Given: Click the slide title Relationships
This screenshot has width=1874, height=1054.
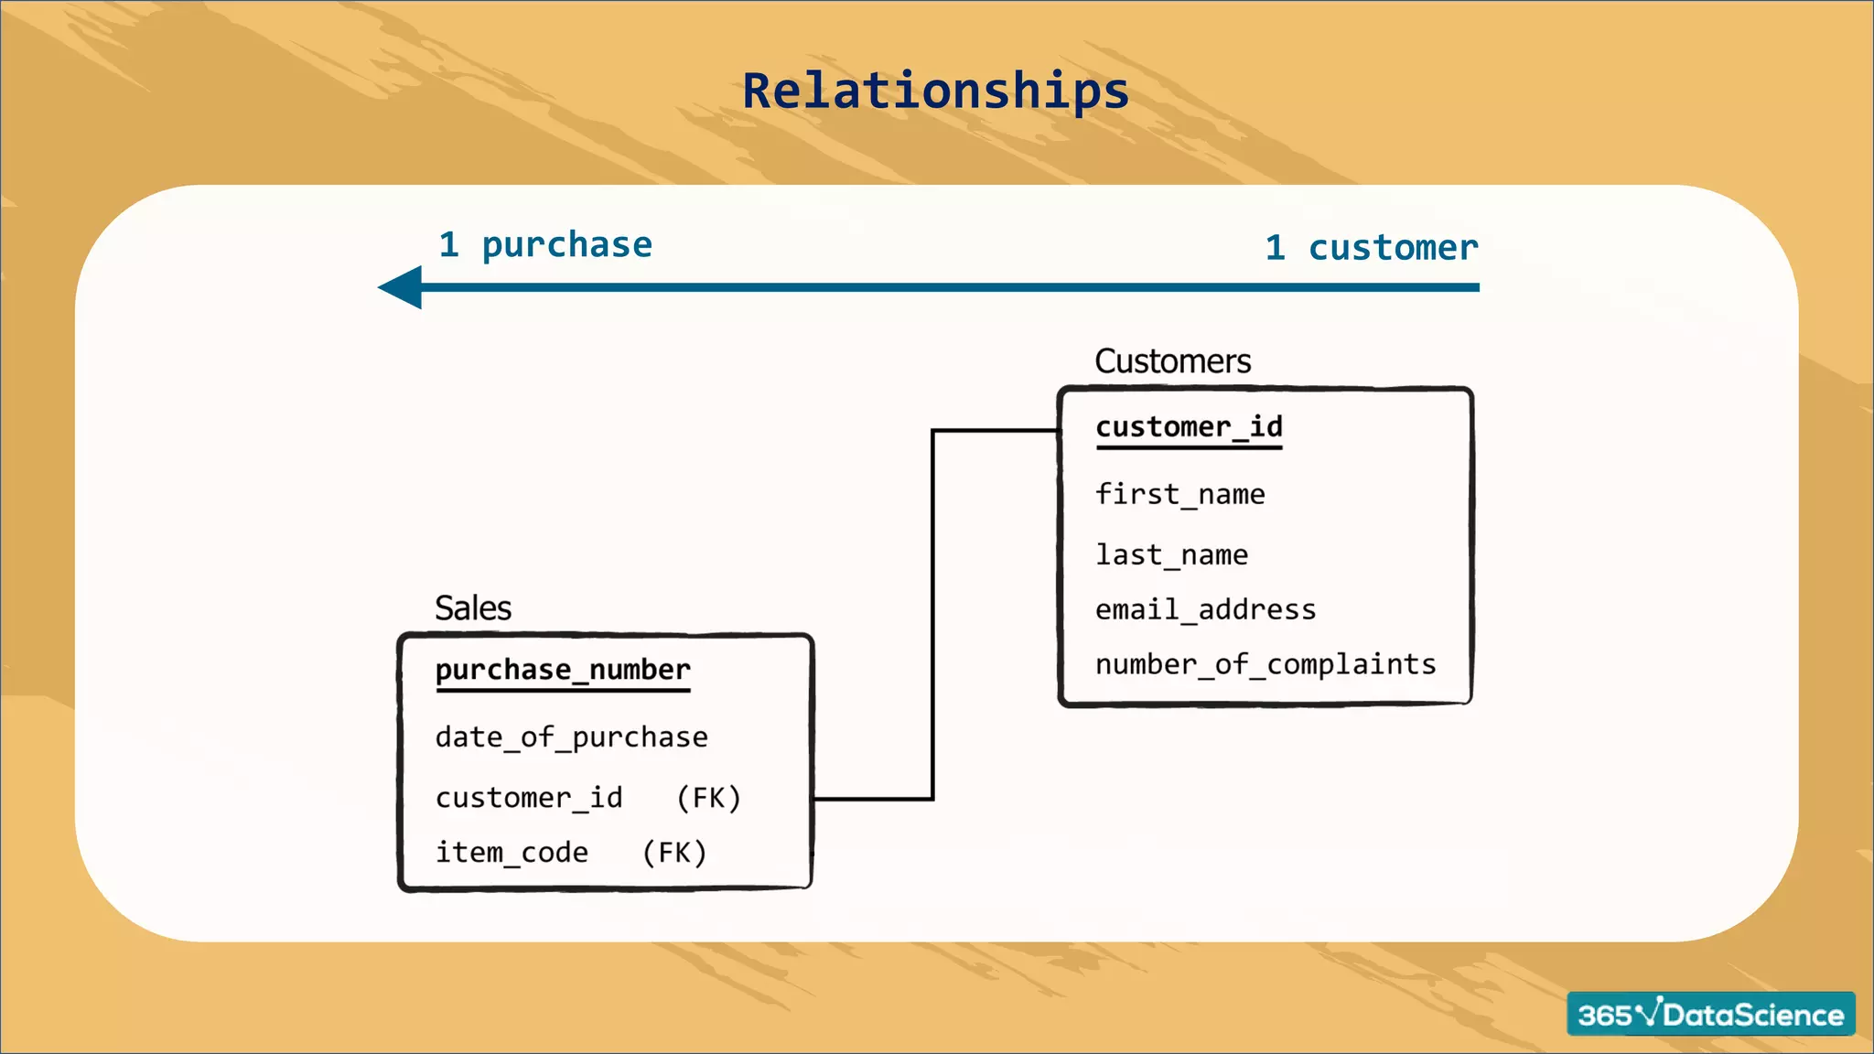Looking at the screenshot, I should point(935,91).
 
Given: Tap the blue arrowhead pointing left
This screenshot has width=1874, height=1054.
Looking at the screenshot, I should point(402,287).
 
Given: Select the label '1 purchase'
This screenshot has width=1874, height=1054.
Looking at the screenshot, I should point(545,245).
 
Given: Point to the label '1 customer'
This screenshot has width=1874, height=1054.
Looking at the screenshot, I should point(1371,248).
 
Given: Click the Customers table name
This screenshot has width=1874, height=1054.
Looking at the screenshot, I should point(1172,361).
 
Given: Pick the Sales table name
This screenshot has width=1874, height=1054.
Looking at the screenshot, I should point(472,608).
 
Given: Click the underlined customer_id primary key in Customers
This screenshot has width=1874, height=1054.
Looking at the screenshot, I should point(1189,427).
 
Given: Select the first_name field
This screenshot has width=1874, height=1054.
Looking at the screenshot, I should point(1179,495).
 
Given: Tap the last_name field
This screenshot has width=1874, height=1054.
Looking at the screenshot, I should point(1171,555).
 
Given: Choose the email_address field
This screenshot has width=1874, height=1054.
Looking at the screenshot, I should point(1205,610).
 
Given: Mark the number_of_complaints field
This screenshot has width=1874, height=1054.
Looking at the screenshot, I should point(1265,664).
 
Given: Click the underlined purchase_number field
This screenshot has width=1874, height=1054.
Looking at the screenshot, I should point(563,670).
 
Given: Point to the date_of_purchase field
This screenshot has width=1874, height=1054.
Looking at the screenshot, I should point(571,737).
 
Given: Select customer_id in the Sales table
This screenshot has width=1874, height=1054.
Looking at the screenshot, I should point(529,798).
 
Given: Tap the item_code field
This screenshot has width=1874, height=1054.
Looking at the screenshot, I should point(512,853).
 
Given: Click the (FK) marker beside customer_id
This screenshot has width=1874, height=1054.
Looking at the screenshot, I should point(708,798).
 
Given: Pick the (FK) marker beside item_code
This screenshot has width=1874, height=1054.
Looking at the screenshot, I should point(674,853).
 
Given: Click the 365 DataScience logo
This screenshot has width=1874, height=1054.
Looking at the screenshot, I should point(1710,1014).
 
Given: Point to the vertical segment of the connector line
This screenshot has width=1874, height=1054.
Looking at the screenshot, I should point(932,613).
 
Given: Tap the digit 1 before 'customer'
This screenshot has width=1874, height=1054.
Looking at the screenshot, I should point(1275,248).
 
